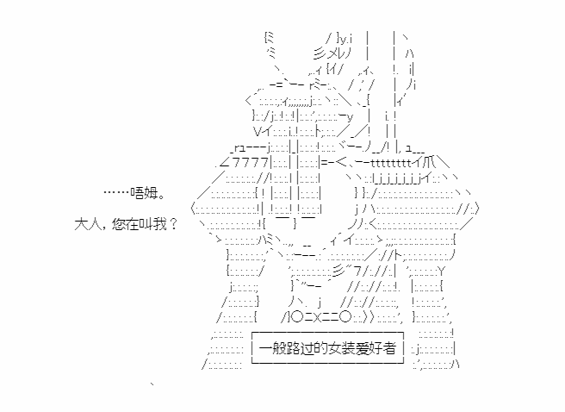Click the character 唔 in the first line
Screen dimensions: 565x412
137,193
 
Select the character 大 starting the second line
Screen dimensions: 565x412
81,224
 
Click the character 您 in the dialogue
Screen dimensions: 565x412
119,224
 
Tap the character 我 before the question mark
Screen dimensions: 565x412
159,224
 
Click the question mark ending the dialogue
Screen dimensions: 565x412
173,224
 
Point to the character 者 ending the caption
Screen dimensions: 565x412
389,348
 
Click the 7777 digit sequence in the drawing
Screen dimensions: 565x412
251,163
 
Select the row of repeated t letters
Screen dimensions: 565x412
391,163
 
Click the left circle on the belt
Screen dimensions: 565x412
298,317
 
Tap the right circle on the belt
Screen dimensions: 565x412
345,317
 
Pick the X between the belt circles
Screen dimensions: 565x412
317,317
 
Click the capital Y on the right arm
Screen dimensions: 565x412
441,271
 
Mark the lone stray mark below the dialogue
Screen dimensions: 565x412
152,384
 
